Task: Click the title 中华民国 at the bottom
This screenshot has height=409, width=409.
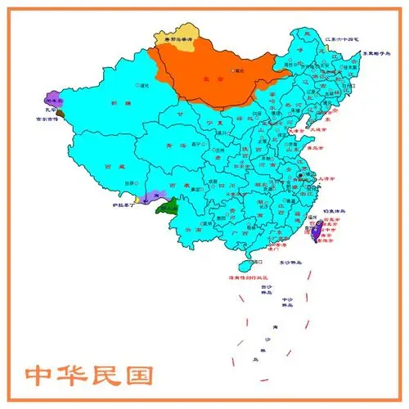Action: (x=90, y=375)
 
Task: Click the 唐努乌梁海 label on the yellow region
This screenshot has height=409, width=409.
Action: (x=175, y=38)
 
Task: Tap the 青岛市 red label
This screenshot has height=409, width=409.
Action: (x=311, y=150)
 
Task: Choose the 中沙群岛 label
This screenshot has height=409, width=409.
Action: (x=286, y=302)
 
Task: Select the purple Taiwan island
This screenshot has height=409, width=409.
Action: (x=317, y=234)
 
